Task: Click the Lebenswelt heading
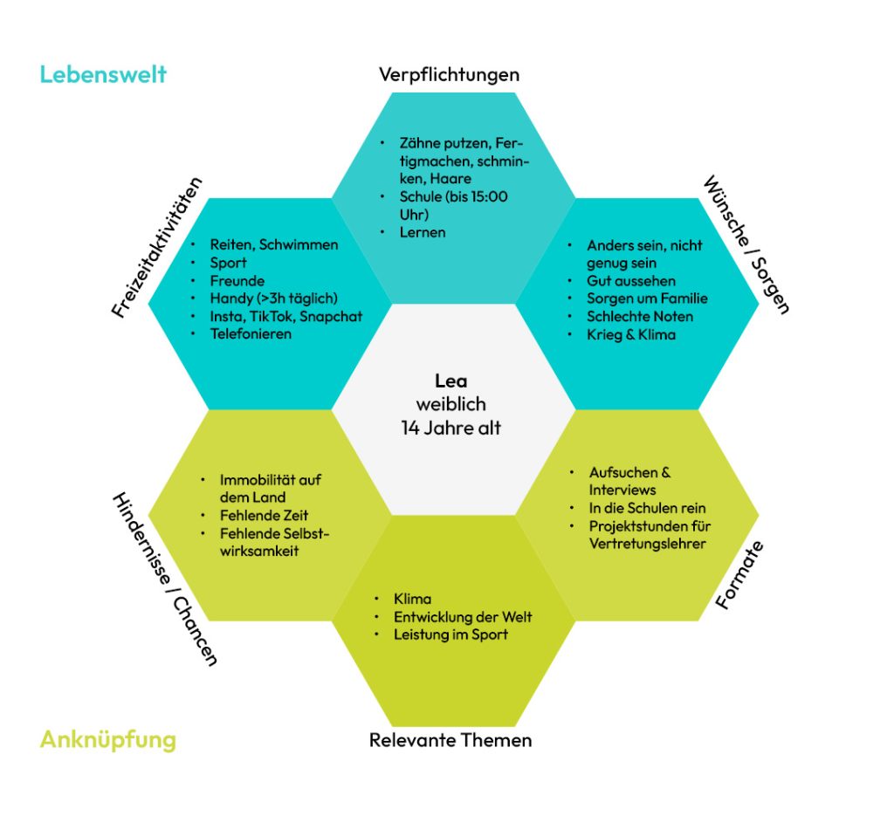tap(103, 74)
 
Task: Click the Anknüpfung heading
tap(107, 740)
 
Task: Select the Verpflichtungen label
tap(449, 74)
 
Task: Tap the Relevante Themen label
tap(450, 740)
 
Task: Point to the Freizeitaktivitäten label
tap(157, 247)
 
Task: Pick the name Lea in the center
tap(451, 381)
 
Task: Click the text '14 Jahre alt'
tap(450, 428)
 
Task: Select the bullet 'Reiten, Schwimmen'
tap(273, 244)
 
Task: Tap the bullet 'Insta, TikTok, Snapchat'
tap(285, 316)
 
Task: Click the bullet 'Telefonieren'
tap(251, 333)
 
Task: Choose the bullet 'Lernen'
tap(423, 232)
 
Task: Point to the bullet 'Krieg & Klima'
tap(631, 334)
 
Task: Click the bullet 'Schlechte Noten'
tap(641, 316)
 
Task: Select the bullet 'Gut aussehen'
tap(631, 281)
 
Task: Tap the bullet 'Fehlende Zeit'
tap(264, 515)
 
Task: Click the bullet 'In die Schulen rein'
tap(647, 507)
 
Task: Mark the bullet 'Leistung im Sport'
tap(450, 634)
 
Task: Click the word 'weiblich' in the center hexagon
tap(450, 404)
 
